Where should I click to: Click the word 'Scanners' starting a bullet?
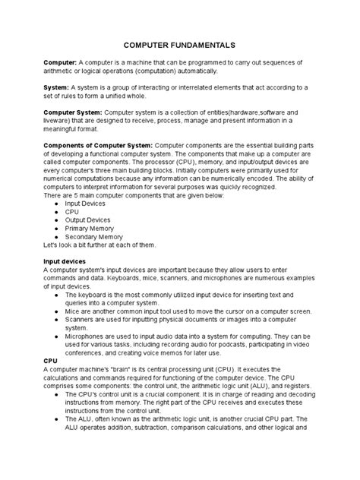(x=81, y=321)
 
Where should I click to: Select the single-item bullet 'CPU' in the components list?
(x=74, y=213)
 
